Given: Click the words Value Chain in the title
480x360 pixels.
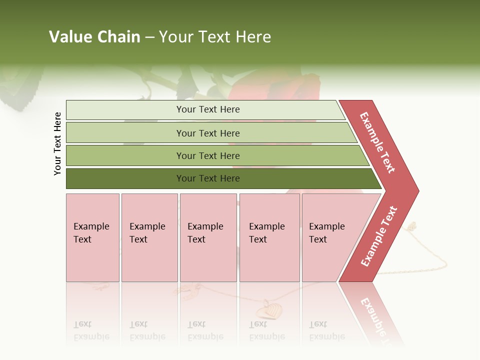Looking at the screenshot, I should tap(94, 37).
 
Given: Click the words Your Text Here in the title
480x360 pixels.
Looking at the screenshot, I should tap(215, 37).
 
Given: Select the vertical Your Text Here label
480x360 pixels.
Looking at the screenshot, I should tap(58, 143).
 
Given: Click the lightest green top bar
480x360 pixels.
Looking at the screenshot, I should tap(205, 109).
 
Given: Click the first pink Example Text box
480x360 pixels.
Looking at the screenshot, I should tap(92, 237).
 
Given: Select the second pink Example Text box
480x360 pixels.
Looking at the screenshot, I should tap(149, 237).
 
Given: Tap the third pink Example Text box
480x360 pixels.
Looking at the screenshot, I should tap(207, 237).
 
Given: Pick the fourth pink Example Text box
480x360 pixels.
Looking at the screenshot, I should tap(269, 237).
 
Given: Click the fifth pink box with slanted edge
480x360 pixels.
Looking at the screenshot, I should tap(330, 237).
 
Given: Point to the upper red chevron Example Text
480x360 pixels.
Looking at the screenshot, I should tap(378, 142).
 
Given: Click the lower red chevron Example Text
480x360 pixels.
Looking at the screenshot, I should tap(379, 236).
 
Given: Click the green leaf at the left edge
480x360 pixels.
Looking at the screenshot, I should tap(20, 90).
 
